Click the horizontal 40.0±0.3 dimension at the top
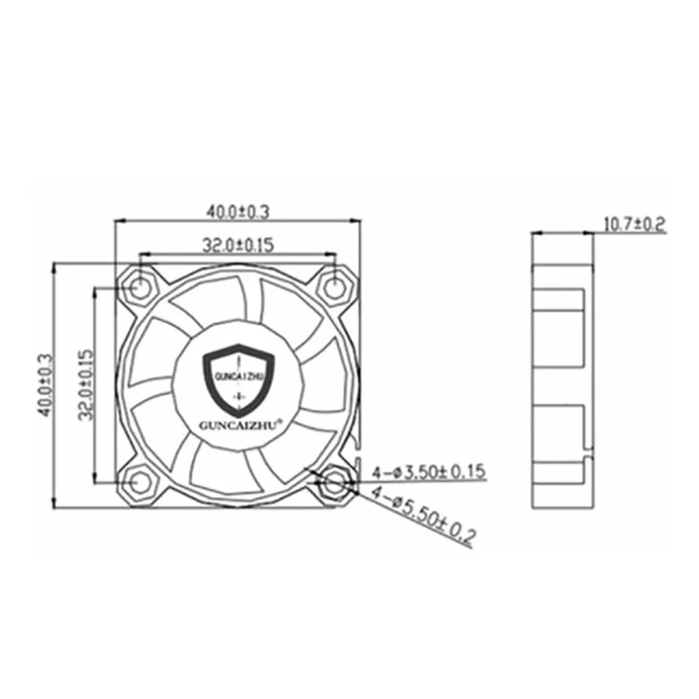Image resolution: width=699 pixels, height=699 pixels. click(x=238, y=211)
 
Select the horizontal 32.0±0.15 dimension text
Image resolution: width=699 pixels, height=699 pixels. click(x=239, y=246)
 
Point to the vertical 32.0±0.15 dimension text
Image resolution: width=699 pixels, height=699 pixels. click(x=87, y=384)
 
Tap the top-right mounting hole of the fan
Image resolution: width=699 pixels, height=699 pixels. click(x=335, y=285)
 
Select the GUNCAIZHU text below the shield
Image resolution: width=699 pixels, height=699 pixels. click(x=238, y=426)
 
